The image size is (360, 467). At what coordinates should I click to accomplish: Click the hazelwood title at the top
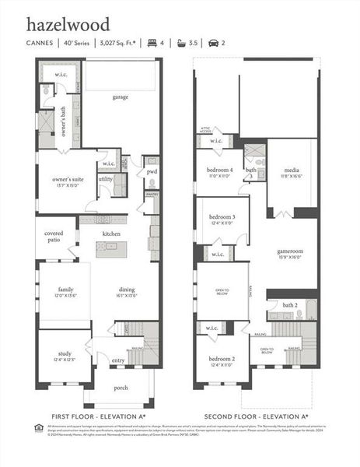[x=68, y=25]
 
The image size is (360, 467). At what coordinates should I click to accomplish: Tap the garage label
[x=120, y=97]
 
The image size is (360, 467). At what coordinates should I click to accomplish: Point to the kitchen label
[x=111, y=233]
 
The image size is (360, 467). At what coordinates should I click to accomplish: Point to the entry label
[x=118, y=360]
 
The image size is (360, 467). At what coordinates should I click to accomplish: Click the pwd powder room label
[x=152, y=171]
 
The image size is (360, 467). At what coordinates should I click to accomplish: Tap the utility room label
[x=105, y=178]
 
